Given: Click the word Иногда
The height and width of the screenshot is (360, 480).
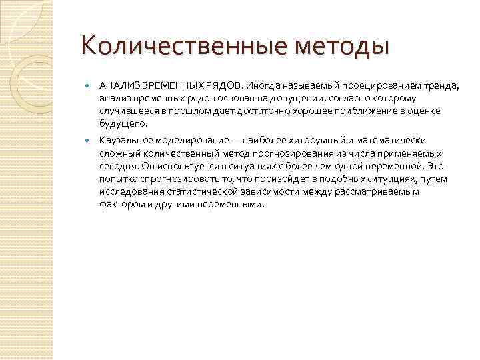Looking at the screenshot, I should click(261, 86).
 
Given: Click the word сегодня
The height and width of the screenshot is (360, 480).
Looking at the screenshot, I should click(119, 166).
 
